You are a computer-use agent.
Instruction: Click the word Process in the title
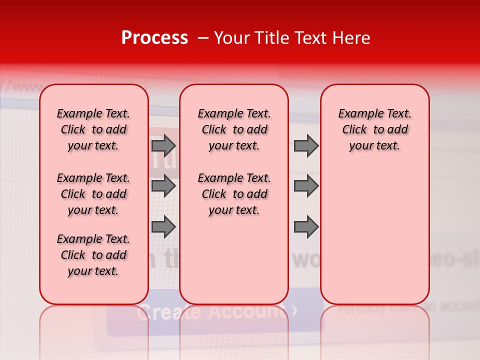[154, 38]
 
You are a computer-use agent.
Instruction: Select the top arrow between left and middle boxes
[163, 146]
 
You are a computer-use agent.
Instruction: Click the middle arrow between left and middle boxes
[163, 186]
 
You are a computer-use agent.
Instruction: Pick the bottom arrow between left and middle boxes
[163, 226]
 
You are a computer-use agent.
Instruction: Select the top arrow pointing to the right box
[306, 146]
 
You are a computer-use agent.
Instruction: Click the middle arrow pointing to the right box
[306, 186]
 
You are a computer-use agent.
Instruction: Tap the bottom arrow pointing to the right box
[306, 226]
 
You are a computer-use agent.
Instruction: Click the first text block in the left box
[93, 129]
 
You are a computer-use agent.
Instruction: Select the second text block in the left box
[93, 194]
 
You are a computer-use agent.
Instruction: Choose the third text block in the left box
[93, 255]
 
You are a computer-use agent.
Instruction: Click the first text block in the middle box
[234, 129]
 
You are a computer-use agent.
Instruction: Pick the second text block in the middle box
[234, 194]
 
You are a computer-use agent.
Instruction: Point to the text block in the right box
[374, 129]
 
